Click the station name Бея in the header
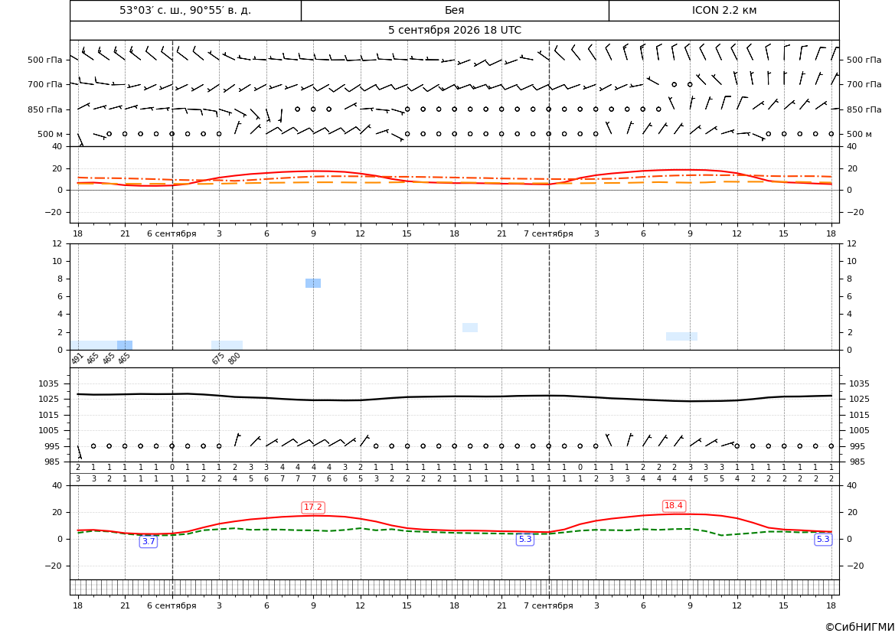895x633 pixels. click(454, 10)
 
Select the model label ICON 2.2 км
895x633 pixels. click(724, 10)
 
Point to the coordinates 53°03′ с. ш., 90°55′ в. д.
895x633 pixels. click(185, 10)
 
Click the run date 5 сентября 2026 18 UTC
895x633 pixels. click(454, 31)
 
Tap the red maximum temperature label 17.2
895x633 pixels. click(313, 507)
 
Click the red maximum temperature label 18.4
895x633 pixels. click(674, 506)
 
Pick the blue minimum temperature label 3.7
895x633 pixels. click(149, 542)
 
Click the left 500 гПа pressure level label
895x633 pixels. click(45, 60)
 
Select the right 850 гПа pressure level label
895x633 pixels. click(864, 109)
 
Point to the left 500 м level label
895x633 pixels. click(50, 135)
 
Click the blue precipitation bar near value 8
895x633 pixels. click(313, 283)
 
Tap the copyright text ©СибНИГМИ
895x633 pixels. click(860, 627)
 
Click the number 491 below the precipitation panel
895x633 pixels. click(77, 358)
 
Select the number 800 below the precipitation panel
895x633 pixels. click(234, 358)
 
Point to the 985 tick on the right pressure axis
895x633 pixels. click(856, 462)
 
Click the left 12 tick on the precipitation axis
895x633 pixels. click(57, 243)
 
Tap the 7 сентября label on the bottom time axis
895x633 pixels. click(548, 605)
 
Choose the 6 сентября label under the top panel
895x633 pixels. click(171, 233)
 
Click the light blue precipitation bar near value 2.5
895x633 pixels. click(470, 328)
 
